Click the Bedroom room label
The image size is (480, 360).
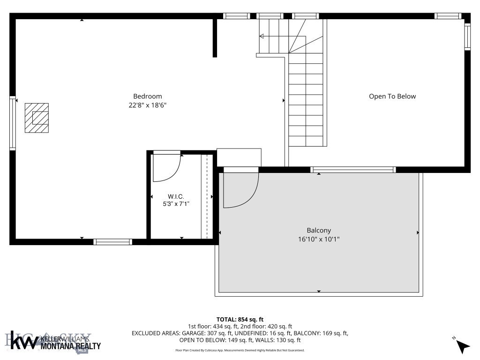tap(148, 97)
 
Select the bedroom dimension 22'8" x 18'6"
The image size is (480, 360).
tap(148, 105)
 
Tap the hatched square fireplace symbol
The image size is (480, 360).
tap(37, 117)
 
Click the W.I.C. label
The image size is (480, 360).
tap(176, 196)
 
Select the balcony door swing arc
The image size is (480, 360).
tap(241, 190)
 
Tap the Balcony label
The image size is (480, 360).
tap(319, 230)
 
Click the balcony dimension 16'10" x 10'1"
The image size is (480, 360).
tap(319, 239)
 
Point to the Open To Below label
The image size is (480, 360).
tap(392, 97)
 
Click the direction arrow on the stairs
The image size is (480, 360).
tap(262, 36)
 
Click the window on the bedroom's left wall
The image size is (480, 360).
tap(13, 123)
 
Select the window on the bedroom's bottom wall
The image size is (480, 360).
tap(112, 242)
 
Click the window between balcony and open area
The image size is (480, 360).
tap(353, 170)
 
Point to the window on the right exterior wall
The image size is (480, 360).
tap(467, 37)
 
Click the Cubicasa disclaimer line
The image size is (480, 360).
tap(240, 350)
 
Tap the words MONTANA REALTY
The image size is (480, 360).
tap(71, 346)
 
